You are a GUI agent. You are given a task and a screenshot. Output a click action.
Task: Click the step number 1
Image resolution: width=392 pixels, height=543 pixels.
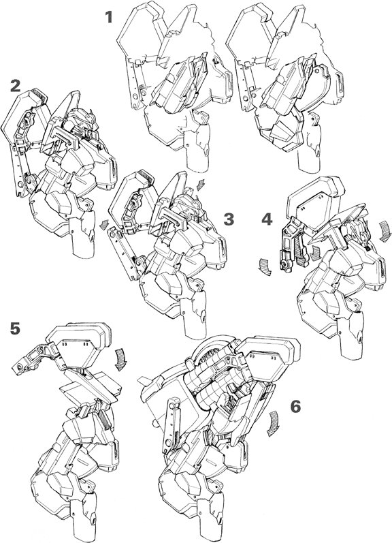point(110,17)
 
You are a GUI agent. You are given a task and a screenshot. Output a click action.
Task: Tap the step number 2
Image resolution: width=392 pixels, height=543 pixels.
point(15,87)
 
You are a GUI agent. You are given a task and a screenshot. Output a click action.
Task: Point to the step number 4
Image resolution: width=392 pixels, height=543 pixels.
point(267,219)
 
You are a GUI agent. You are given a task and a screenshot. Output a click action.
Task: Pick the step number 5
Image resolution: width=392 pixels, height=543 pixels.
point(14,328)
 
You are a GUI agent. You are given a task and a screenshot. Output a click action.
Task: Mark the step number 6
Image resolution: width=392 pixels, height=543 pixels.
point(296,407)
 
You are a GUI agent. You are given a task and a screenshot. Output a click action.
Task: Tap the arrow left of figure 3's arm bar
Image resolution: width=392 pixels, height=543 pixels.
point(103,226)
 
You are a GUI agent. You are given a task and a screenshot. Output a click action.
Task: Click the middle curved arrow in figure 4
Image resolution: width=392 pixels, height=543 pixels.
point(314,253)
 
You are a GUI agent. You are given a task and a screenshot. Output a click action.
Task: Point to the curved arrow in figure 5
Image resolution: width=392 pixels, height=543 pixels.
point(120,360)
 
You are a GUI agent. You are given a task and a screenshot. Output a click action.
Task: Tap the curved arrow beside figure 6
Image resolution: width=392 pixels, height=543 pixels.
point(273,423)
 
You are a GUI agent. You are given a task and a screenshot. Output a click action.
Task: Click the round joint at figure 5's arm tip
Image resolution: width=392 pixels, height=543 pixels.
point(18,368)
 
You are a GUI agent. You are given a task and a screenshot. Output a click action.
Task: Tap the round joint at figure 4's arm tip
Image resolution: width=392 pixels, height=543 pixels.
point(286,265)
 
